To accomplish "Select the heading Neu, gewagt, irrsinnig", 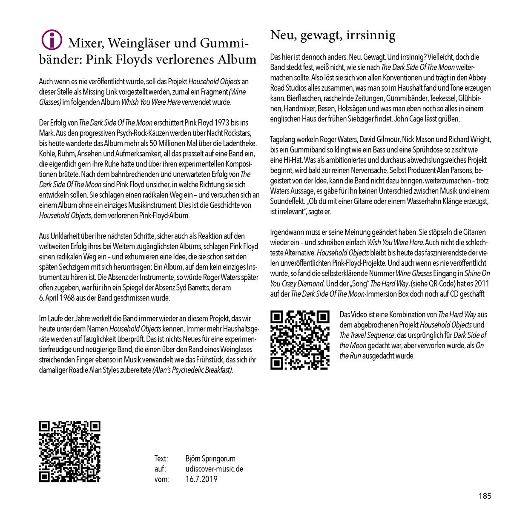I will click(x=333, y=35).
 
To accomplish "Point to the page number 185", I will click(x=485, y=496).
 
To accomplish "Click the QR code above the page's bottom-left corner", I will click(x=69, y=451).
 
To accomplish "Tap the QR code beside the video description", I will click(x=300, y=340).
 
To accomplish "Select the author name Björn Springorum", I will click(x=210, y=459).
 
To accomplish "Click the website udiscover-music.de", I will click(x=214, y=469).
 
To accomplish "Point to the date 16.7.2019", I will click(x=201, y=479).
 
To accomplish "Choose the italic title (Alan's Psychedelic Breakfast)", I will click(x=192, y=370).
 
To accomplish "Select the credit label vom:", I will click(x=162, y=479).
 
